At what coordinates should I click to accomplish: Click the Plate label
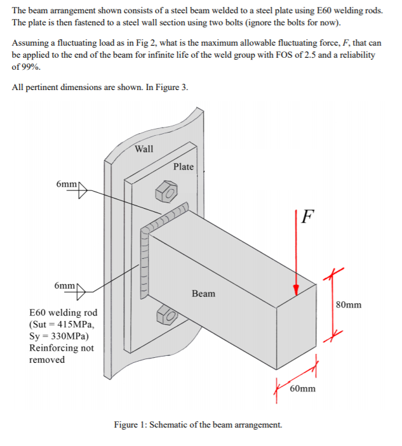tap(183, 166)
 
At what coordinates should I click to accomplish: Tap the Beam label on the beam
tap(203, 293)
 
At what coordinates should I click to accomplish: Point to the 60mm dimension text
tap(302, 388)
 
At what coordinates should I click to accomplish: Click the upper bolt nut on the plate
tap(166, 189)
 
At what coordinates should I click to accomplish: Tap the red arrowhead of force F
tap(296, 289)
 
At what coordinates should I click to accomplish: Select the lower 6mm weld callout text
tap(67, 285)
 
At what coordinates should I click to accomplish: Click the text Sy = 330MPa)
tap(59, 336)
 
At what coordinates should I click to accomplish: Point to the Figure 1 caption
tap(198, 424)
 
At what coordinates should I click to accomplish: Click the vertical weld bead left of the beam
tap(144, 266)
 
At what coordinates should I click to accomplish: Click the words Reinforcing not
tap(61, 348)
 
